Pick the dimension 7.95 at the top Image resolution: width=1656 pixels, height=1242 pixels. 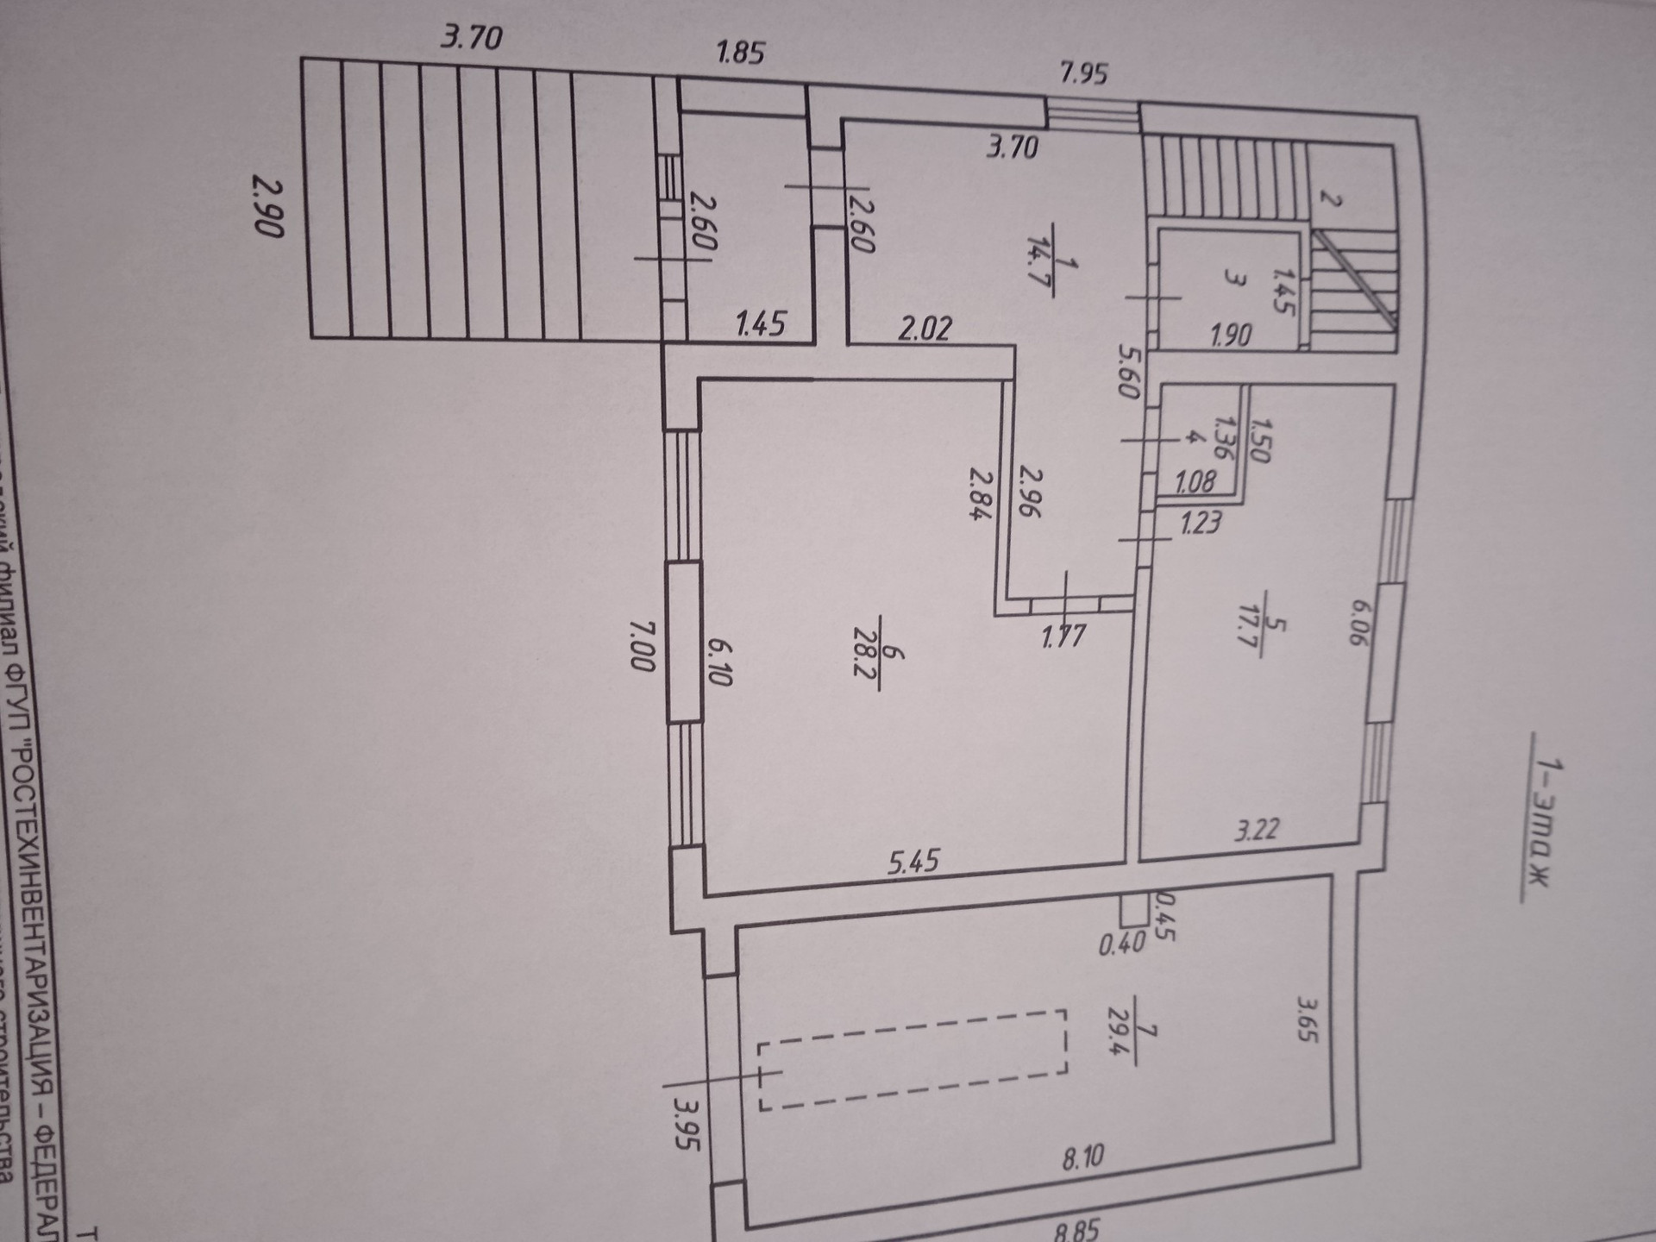pos(1083,73)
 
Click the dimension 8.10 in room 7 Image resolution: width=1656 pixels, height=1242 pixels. pos(1082,1157)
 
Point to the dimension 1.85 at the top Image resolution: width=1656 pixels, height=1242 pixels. pos(740,53)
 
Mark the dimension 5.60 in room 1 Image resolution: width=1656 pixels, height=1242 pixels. pos(1127,371)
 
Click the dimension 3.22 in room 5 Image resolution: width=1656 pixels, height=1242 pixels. pos(1257,830)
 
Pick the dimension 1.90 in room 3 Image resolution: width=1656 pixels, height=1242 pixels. pos(1230,334)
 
